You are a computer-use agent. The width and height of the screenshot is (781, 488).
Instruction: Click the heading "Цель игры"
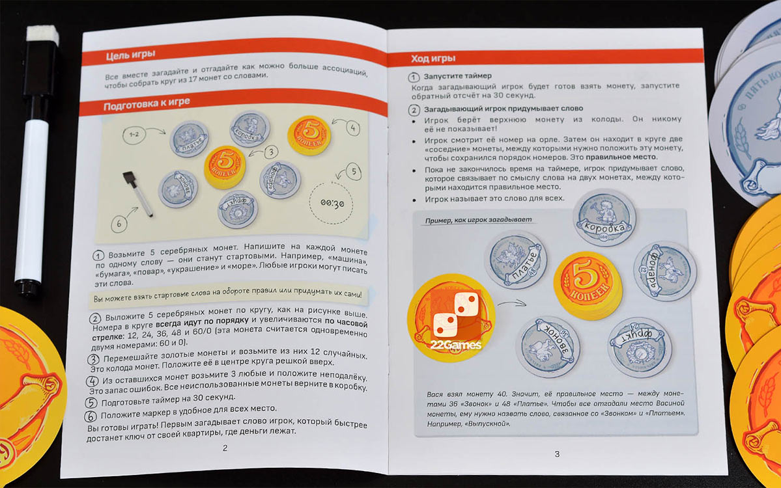click(130, 55)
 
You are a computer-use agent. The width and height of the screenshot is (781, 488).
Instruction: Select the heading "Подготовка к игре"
click(143, 107)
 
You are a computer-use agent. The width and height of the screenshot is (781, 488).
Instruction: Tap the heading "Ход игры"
click(433, 59)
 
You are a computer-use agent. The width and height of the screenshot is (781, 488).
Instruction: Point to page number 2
click(225, 448)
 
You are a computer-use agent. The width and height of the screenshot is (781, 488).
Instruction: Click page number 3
click(556, 454)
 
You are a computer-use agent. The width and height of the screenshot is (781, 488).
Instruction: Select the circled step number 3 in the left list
click(94, 359)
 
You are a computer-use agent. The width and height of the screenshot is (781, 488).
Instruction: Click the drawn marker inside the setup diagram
click(138, 193)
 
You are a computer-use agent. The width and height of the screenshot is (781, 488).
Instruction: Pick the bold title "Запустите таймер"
click(460, 75)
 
